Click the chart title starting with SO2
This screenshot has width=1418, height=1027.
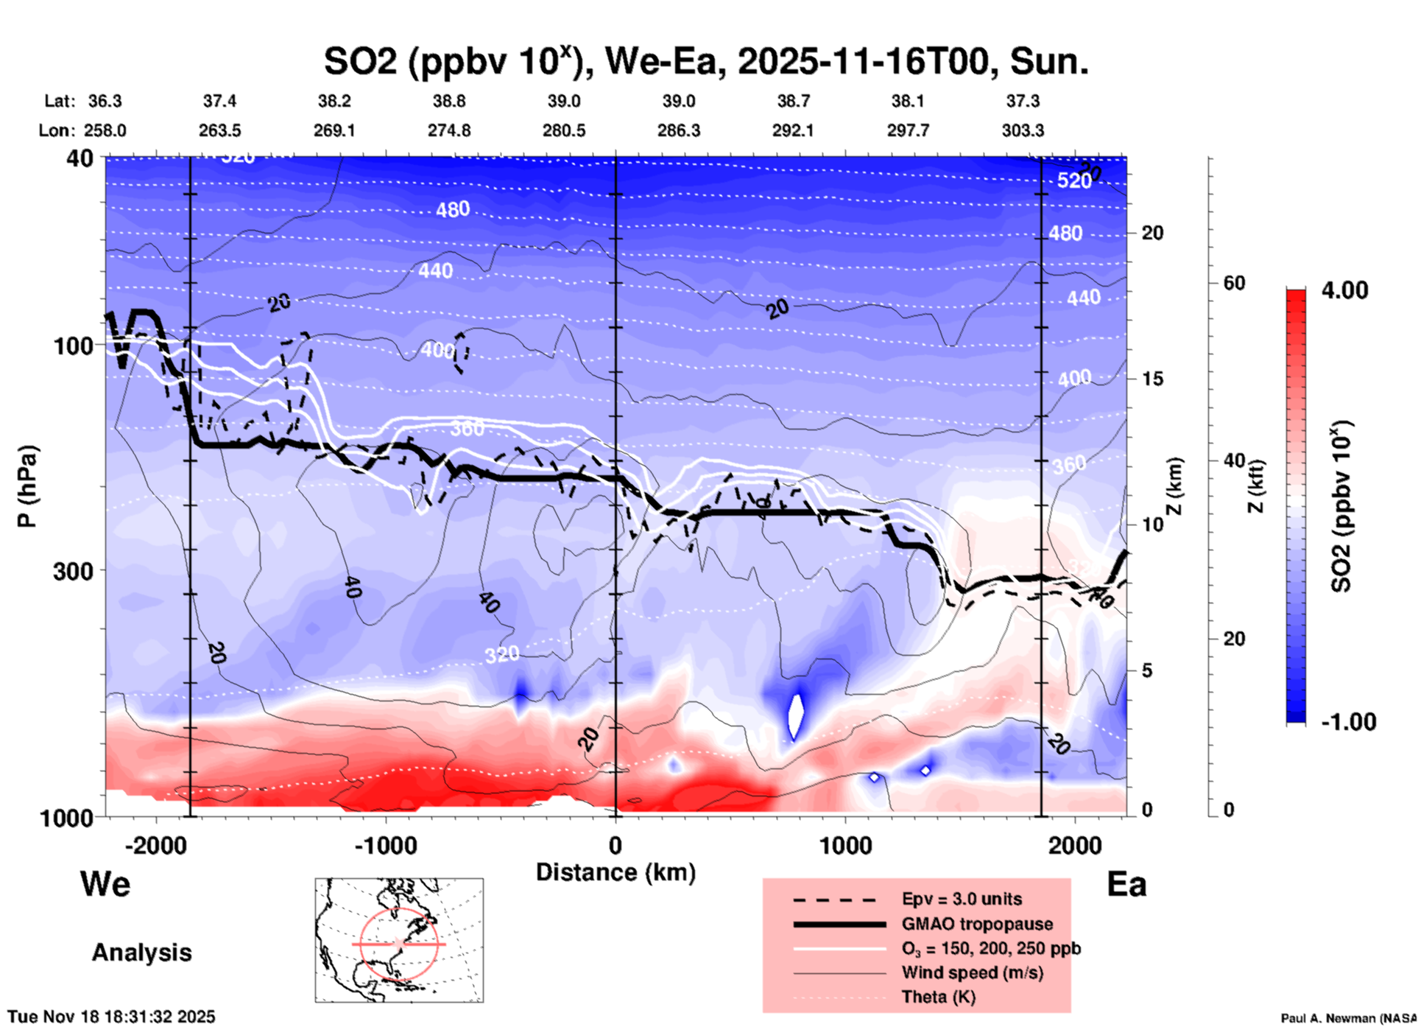[705, 61]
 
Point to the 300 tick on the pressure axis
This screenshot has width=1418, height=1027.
[73, 571]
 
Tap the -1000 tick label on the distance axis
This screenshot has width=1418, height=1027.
[385, 845]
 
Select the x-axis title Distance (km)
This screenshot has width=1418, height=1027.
[615, 872]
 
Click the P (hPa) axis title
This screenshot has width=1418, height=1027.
[27, 486]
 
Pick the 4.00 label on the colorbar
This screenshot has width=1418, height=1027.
[1344, 290]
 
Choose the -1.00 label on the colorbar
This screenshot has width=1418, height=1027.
[1348, 722]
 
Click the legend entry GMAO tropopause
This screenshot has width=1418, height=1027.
[977, 924]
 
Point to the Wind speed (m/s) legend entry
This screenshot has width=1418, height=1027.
[972, 972]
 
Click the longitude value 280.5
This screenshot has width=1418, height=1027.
[564, 130]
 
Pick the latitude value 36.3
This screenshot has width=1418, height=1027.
[105, 101]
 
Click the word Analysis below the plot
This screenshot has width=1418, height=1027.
[141, 953]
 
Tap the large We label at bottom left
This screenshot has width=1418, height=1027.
[105, 884]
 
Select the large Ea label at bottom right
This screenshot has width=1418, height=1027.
[1126, 884]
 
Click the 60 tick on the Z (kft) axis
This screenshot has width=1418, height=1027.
[1235, 283]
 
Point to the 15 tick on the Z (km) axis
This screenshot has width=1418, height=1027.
[1152, 379]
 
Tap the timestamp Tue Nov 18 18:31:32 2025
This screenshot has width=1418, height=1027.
[112, 1017]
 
